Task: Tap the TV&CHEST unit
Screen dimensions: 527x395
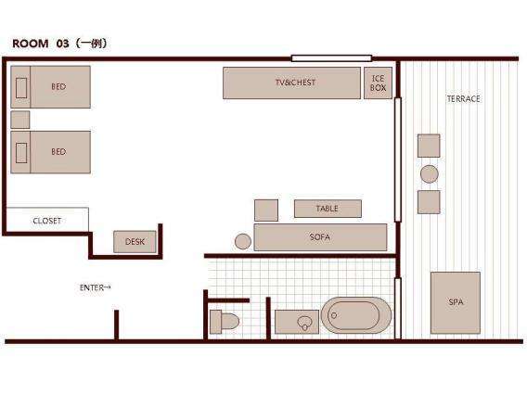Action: pos(291,83)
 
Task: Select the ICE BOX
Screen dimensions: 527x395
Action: pos(378,83)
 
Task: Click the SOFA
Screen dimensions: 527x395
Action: pos(320,237)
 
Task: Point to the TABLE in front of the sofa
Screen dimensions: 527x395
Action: pos(328,209)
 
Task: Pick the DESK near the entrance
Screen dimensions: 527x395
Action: pos(135,241)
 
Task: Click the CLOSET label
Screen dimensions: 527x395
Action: pos(47,221)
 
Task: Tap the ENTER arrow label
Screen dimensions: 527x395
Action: pos(96,287)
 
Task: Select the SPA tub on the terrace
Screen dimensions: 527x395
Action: pos(456,302)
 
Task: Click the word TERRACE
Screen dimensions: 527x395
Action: pos(464,98)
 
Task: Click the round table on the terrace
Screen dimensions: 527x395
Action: pos(430,174)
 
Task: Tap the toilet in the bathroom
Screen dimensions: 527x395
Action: pos(225,322)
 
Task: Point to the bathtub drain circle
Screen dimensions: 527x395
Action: pos(334,315)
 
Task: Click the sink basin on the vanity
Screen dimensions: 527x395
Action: pos(304,323)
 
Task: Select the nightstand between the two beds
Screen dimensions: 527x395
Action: pos(20,120)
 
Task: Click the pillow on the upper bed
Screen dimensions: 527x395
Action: pos(21,88)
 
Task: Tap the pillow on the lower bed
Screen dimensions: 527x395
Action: pos(21,153)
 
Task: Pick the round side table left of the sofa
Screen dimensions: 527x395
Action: pos(243,241)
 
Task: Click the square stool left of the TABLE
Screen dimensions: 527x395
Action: pos(266,210)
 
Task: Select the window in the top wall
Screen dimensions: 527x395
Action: pos(331,58)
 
